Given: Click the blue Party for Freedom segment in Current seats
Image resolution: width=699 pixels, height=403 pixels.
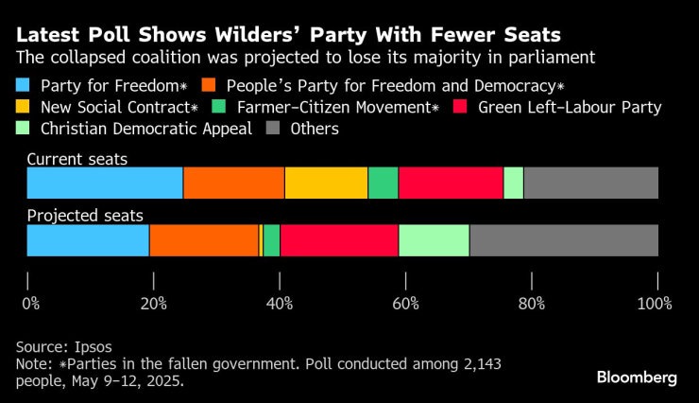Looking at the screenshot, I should coord(104,183).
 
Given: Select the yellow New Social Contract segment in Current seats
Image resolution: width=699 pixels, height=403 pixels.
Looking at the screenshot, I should coord(326,183).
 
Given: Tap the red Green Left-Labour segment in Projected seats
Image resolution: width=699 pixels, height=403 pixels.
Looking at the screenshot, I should coord(339,240).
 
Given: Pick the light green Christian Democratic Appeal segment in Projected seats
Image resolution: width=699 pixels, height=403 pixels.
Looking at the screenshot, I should coord(434,240).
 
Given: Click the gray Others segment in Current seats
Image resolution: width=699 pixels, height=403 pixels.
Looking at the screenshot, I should coord(590,183).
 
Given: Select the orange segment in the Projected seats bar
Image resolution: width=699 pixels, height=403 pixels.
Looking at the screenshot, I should coord(203,240).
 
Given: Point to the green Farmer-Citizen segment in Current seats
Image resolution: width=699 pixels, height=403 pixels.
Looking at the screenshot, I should coord(383,183).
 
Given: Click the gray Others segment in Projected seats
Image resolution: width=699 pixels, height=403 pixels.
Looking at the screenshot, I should coord(563,240).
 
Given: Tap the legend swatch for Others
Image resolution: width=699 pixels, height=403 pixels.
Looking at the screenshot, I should coord(271,128).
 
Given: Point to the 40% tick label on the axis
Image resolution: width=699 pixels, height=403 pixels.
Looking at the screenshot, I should coord(280,304).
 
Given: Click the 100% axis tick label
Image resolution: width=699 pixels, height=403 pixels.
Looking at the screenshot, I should coord(655,304).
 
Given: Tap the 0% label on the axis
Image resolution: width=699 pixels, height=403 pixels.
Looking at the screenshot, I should coord(31,304).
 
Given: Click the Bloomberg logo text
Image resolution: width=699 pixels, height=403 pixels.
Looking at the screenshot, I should coord(637,377).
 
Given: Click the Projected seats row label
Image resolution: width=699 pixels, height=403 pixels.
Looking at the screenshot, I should coord(77,217).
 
